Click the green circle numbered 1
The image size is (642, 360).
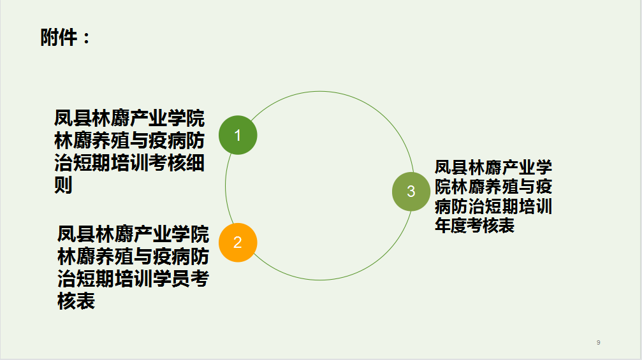pyautogui.click(x=238, y=135)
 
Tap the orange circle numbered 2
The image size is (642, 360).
pyautogui.click(x=238, y=243)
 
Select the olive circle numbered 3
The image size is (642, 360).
pyautogui.click(x=411, y=191)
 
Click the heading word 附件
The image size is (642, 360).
pyautogui.click(x=59, y=38)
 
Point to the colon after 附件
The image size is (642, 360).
pyautogui.click(x=87, y=38)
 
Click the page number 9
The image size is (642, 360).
pyautogui.click(x=599, y=342)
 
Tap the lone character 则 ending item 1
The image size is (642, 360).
pyautogui.click(x=64, y=185)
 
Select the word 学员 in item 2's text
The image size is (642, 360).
pyautogui.click(x=171, y=278)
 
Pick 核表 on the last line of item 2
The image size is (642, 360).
pyautogui.click(x=76, y=301)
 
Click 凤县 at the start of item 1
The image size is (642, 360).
pyautogui.click(x=73, y=119)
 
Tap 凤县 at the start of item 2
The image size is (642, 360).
pyautogui.click(x=76, y=234)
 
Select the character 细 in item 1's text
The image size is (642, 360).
pyautogui.click(x=195, y=163)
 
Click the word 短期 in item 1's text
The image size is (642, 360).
pyautogui.click(x=92, y=163)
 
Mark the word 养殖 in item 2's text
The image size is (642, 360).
pyautogui.click(x=114, y=257)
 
